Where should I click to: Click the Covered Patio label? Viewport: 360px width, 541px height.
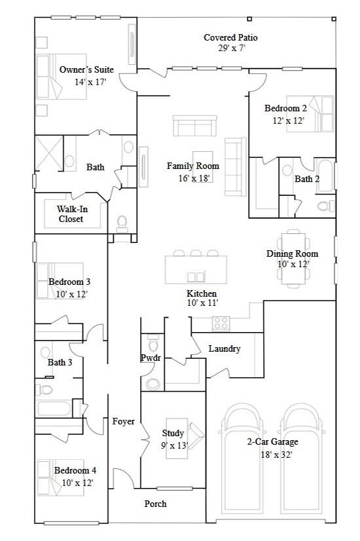click(230, 38)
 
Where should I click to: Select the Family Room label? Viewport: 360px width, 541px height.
click(192, 166)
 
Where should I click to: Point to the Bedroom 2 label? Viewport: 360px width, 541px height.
click(285, 109)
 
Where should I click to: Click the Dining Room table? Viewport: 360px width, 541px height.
click(292, 257)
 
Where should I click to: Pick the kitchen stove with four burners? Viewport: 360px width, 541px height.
click(221, 323)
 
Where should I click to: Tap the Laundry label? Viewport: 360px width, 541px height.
click(225, 349)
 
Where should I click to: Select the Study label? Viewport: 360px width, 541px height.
click(173, 434)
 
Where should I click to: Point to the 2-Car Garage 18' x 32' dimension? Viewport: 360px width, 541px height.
click(269, 453)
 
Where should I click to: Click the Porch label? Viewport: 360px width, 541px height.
click(156, 504)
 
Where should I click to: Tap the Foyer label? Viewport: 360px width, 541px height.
click(123, 421)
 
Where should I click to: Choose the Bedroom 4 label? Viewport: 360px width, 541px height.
click(75, 470)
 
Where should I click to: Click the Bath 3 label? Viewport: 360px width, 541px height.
click(60, 362)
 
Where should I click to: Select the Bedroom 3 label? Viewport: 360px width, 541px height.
click(69, 282)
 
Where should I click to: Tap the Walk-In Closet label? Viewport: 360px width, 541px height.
click(71, 214)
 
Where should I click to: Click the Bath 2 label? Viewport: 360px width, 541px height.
click(306, 179)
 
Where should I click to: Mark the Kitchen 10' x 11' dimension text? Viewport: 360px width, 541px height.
click(202, 303)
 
